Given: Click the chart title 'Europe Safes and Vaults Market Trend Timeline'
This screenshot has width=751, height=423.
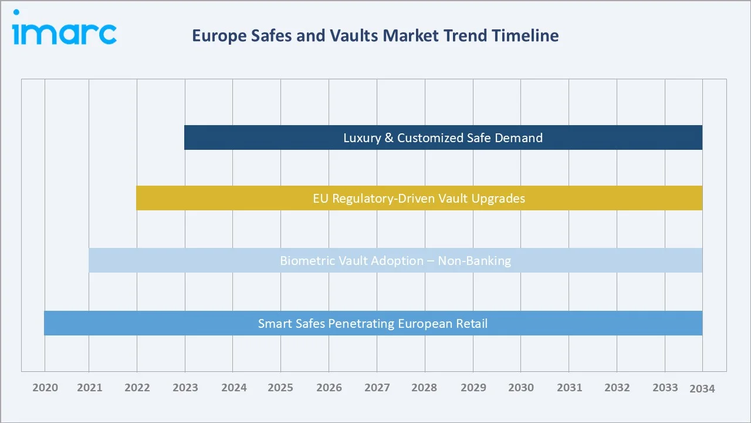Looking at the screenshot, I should click(375, 36).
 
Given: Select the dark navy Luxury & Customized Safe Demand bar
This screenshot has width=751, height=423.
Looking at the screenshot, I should click(443, 137).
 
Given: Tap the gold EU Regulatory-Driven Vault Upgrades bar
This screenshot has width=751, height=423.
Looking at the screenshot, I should click(419, 198).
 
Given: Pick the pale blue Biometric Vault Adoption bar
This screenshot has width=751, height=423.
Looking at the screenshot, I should click(395, 260).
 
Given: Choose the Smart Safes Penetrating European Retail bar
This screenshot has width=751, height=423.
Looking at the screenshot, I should click(373, 323).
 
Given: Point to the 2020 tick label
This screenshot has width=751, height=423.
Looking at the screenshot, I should click(45, 388).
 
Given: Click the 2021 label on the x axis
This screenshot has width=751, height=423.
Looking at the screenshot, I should click(89, 388).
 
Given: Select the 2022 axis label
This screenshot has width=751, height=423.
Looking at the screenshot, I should click(137, 388).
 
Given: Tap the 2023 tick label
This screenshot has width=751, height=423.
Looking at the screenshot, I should click(185, 388).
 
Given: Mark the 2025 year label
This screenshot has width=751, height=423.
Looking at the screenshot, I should click(281, 388).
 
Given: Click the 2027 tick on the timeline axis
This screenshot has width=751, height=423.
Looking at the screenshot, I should click(377, 388).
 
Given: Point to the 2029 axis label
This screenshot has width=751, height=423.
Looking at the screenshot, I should click(473, 388).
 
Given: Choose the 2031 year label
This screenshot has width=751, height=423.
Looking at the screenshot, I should click(569, 388).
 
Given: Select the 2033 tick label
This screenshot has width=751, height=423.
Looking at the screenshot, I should click(665, 388).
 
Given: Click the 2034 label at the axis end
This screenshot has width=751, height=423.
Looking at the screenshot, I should click(702, 388).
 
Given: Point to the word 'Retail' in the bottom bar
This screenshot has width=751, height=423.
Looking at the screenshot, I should click(472, 323).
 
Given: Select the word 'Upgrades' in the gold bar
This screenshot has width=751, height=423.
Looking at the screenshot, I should click(499, 199).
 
